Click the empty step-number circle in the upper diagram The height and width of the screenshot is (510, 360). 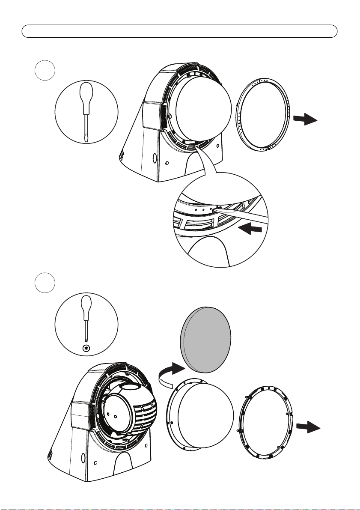45,71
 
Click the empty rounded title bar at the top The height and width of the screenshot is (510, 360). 180,31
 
